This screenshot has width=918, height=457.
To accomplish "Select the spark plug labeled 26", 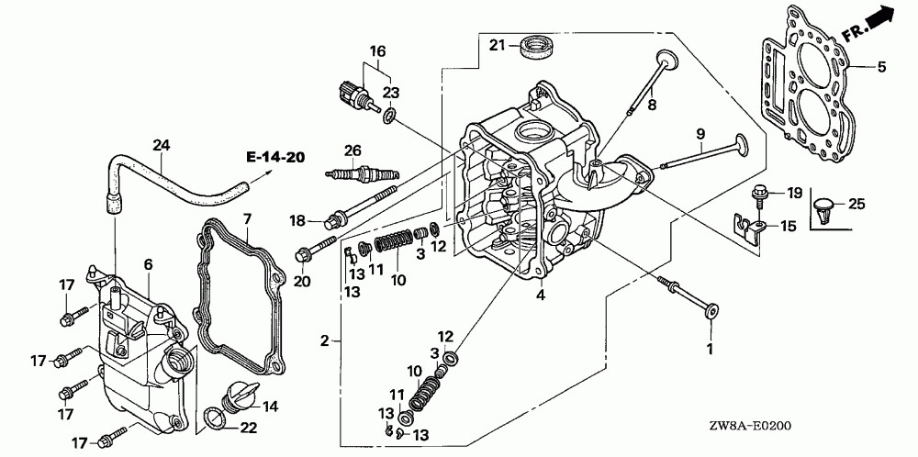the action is pos(362,173).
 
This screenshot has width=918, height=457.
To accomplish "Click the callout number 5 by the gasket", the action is pos(881,67).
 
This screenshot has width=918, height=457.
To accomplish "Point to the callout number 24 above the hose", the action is pos(161,145).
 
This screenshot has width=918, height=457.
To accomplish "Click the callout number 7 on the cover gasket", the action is pos(247,219).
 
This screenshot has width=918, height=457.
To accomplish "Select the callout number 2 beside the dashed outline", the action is pos(325,340).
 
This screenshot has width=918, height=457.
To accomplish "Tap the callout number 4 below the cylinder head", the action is pos(541,296).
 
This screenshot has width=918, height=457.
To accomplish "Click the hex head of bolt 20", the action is pos(303,256).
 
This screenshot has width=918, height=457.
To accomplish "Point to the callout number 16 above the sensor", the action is pos(377,51).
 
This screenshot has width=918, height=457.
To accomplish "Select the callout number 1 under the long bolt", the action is pos(711,350).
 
